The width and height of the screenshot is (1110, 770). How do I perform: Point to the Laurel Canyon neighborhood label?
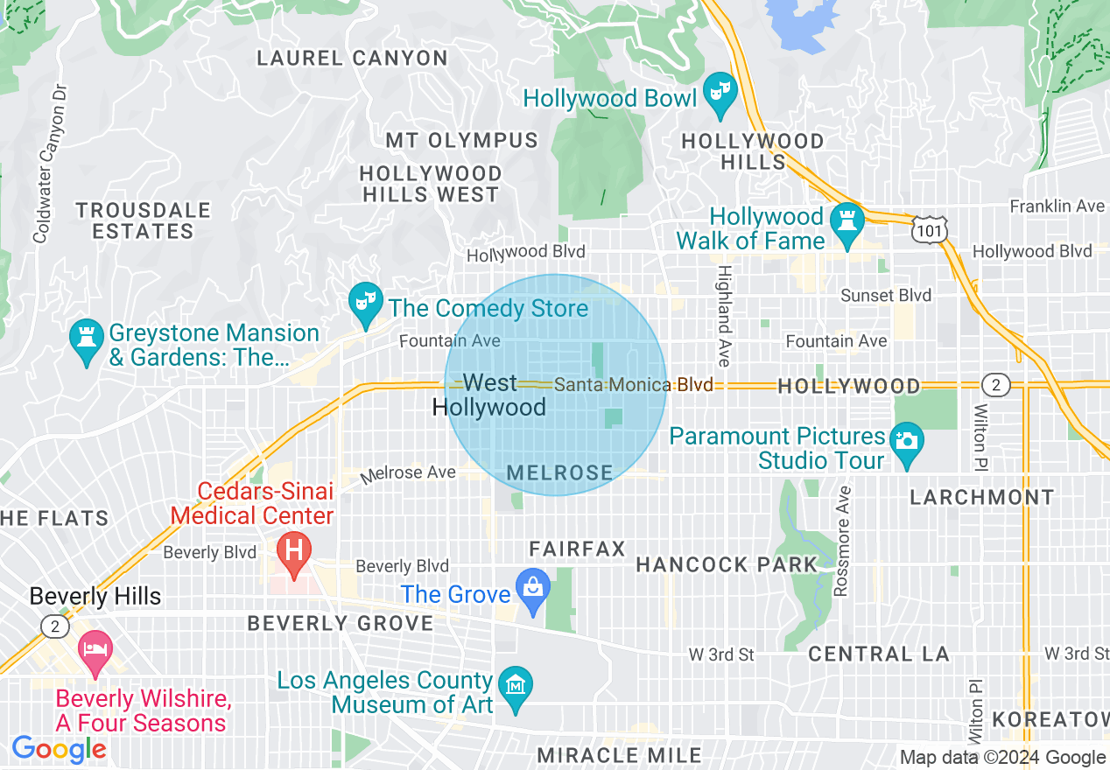[x=352, y=59]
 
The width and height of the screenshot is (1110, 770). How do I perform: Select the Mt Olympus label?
[x=462, y=140]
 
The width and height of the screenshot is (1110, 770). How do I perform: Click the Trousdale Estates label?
[x=144, y=220]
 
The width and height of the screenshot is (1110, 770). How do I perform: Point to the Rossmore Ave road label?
[x=842, y=542]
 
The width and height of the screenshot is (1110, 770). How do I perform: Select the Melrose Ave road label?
[x=410, y=473]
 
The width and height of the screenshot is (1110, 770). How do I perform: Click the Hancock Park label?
[x=727, y=565]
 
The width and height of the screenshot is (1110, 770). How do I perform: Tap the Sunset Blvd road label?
[x=886, y=295]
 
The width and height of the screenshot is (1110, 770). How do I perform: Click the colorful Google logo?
[x=59, y=749]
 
